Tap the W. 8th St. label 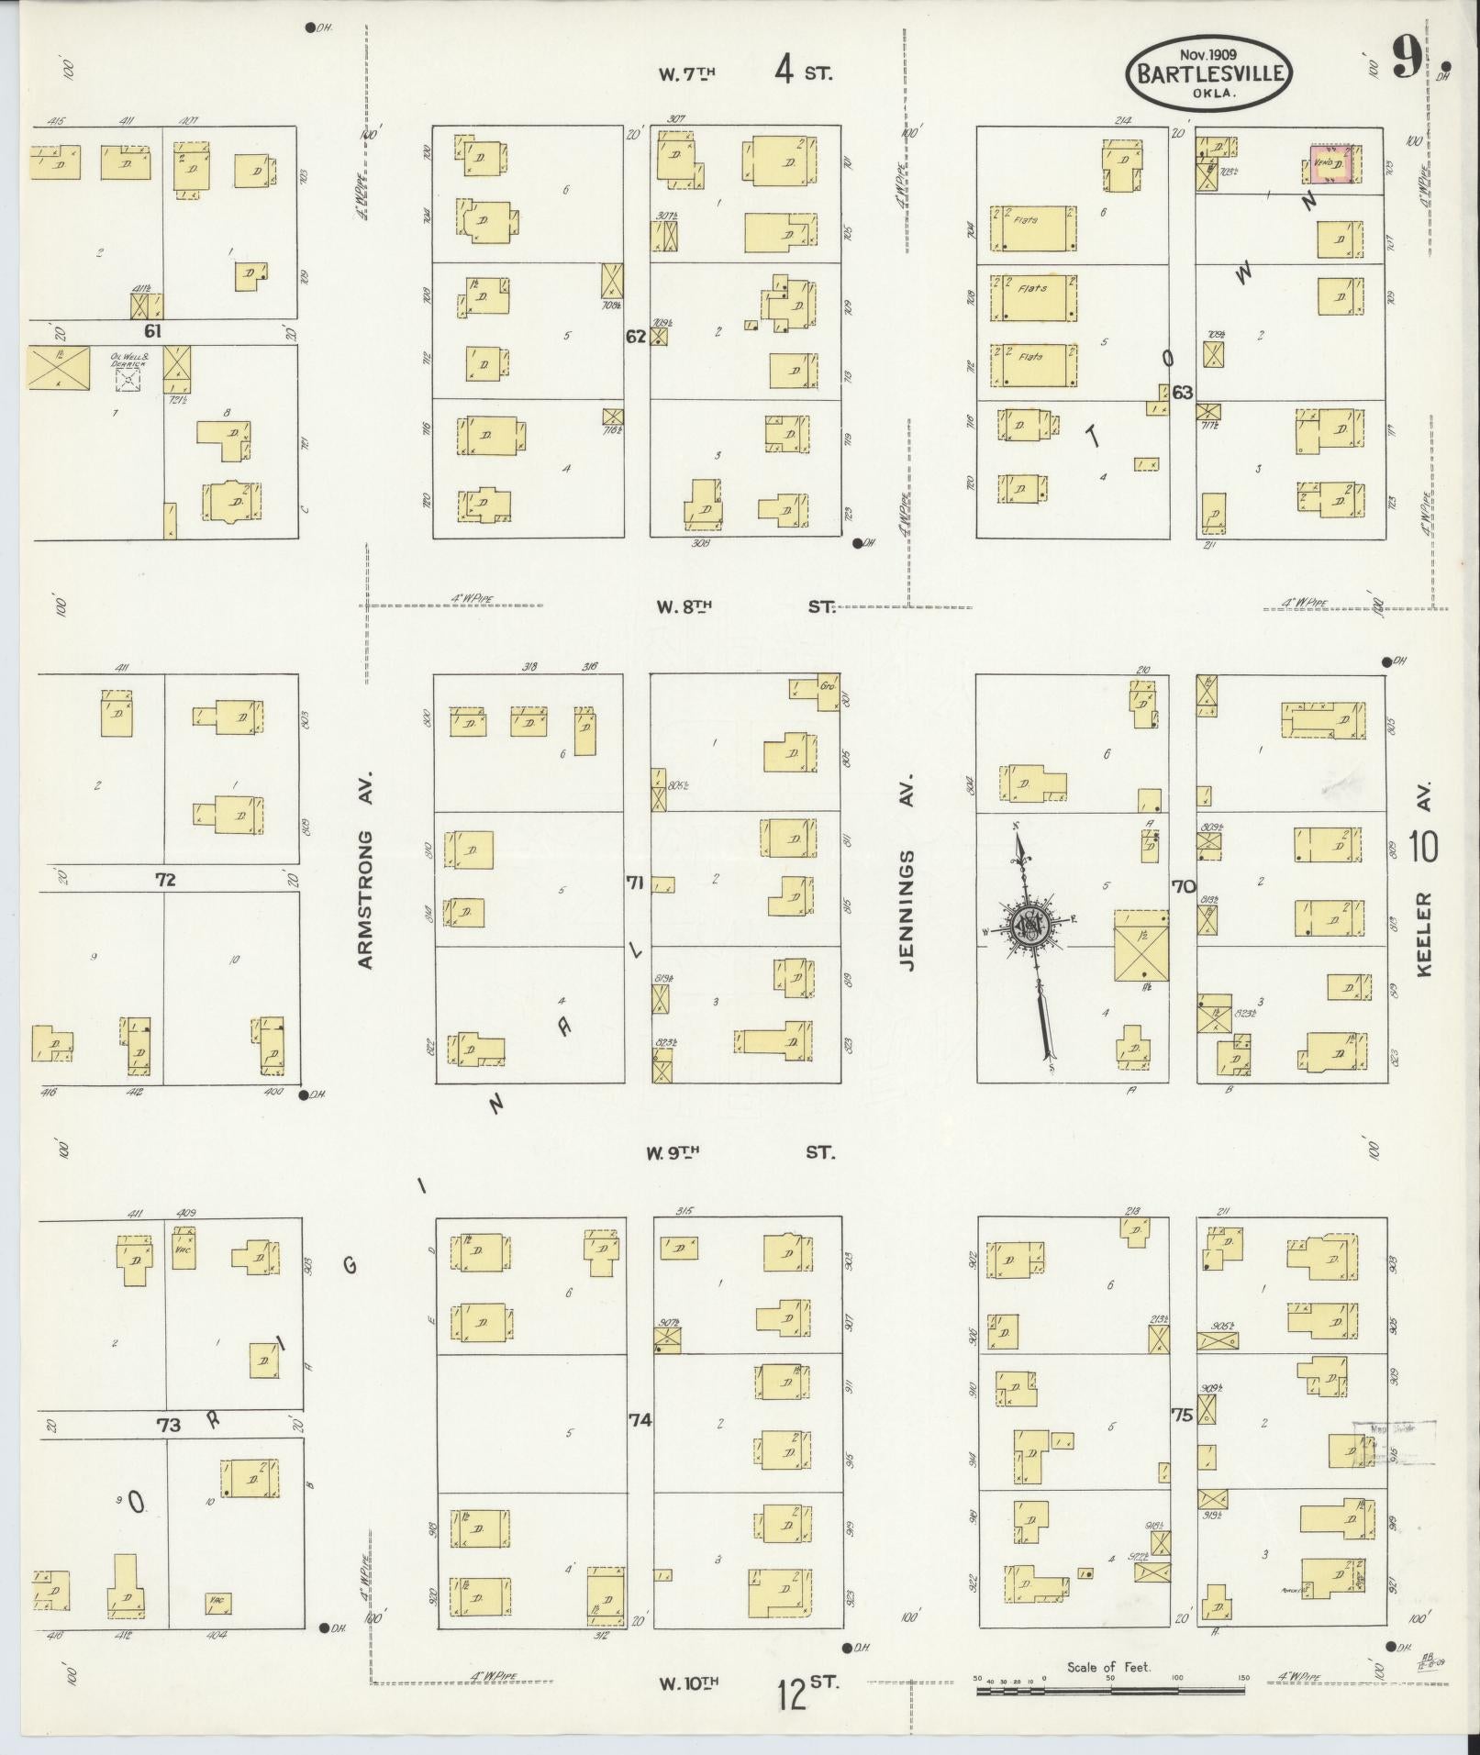pyautogui.click(x=745, y=606)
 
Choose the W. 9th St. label pyautogui.click(x=740, y=1152)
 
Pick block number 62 pyautogui.click(x=636, y=336)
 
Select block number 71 pyautogui.click(x=635, y=883)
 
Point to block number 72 pyautogui.click(x=165, y=879)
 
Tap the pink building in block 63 pyautogui.click(x=1330, y=163)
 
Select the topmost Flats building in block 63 pyautogui.click(x=1033, y=228)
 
